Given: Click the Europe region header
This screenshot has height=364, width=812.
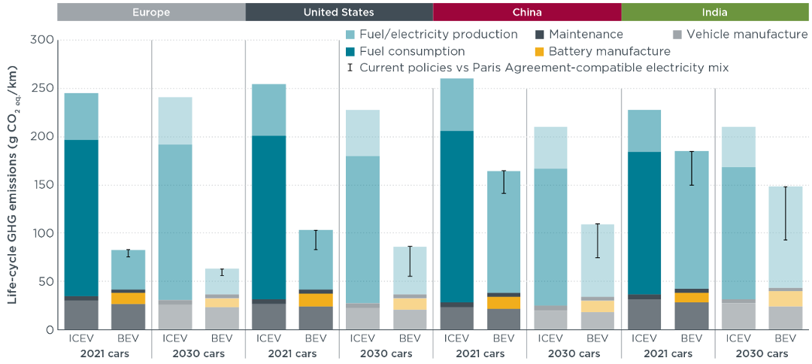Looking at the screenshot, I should coord(151,12).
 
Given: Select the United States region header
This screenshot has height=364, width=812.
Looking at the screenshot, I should coord(338,12).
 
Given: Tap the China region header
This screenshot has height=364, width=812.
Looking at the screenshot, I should coord(526,12).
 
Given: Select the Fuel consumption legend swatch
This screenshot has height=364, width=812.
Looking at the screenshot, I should coord(350,52).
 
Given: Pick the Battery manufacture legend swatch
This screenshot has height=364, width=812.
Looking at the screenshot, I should coord(539,52).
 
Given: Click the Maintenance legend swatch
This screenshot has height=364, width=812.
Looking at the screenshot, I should coord(539,35).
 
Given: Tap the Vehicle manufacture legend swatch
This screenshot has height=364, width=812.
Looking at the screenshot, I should coord(677,35).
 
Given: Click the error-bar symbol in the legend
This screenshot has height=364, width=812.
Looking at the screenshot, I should coord(350,68).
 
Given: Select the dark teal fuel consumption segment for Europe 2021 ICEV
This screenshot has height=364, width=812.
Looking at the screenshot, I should coord(81,218).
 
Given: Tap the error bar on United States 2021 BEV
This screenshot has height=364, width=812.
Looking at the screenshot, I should coord(316,240).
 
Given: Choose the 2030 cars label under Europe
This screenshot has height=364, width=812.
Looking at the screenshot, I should coord(198,354).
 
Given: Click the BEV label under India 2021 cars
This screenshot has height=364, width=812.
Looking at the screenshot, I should coord(690,338).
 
